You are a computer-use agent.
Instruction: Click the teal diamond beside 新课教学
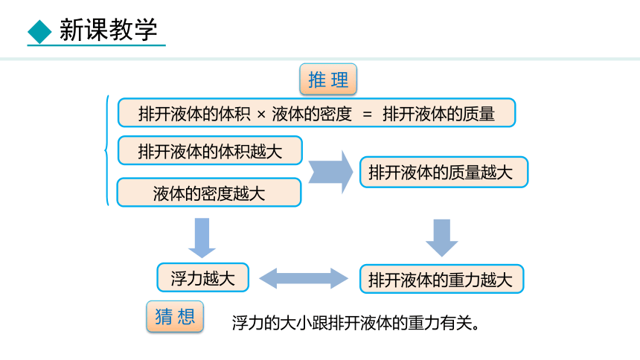(39, 31)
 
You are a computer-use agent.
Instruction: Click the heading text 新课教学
(108, 30)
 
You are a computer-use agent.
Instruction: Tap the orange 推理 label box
(328, 79)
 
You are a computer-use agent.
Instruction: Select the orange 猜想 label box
(175, 317)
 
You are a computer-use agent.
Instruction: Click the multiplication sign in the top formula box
(261, 115)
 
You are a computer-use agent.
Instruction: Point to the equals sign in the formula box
(368, 115)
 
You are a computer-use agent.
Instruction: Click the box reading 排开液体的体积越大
(210, 150)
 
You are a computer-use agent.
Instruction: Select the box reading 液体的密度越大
(209, 192)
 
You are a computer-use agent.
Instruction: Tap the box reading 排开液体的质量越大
(444, 173)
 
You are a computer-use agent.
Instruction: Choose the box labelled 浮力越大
(203, 277)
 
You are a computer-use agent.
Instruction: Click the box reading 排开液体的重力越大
(441, 279)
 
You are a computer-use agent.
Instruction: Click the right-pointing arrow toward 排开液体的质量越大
(330, 172)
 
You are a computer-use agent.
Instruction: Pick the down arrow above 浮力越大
(202, 237)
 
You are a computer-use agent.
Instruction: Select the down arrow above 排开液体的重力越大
(441, 238)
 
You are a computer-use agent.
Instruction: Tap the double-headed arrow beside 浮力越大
(304, 278)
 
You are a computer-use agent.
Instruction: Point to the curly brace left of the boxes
(106, 150)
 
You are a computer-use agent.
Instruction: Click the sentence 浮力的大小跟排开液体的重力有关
(355, 324)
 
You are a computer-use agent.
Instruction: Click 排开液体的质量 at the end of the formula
(439, 114)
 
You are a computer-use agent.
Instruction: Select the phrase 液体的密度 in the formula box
(312, 114)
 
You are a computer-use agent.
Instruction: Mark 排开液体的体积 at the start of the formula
(194, 114)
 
